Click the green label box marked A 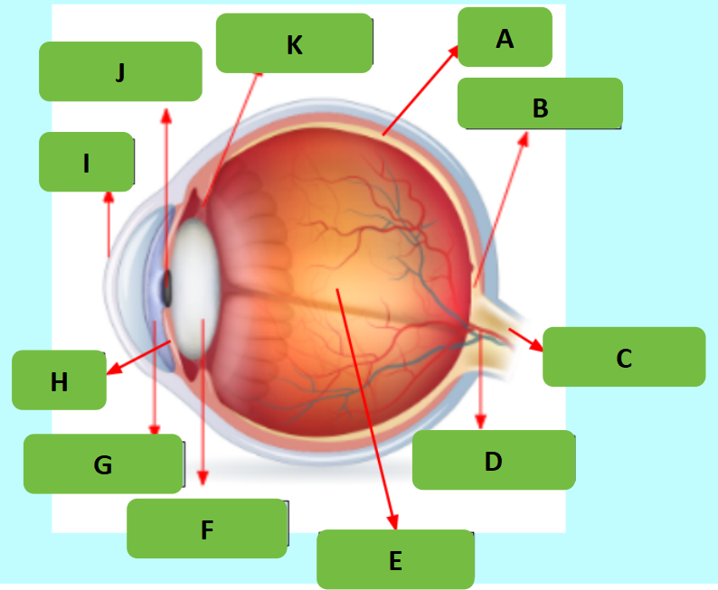click(x=505, y=37)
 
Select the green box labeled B click(x=540, y=103)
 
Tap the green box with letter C click(x=624, y=357)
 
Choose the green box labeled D click(x=494, y=460)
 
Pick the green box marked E click(x=396, y=559)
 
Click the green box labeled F click(x=207, y=529)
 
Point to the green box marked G click(x=103, y=464)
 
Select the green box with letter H click(x=59, y=380)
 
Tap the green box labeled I click(x=86, y=162)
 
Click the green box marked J click(x=120, y=71)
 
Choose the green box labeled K click(x=294, y=43)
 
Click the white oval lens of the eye click(x=195, y=289)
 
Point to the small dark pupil click(x=166, y=288)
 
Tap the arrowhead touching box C click(x=536, y=344)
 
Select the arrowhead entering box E click(x=392, y=521)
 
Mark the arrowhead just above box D click(x=480, y=422)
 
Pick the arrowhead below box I click(x=109, y=198)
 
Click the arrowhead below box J click(x=166, y=117)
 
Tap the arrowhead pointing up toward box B click(x=524, y=139)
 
